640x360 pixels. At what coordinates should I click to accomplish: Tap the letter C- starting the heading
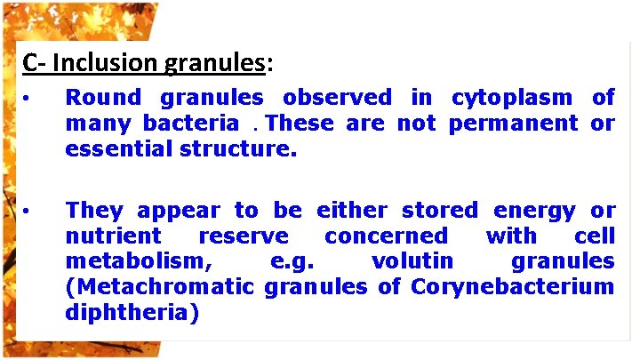pyautogui.click(x=34, y=63)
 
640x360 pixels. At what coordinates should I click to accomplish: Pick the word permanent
pyautogui.click(x=514, y=124)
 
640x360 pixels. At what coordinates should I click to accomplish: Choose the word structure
pyautogui.click(x=238, y=149)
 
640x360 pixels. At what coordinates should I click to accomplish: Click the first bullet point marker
pyautogui.click(x=28, y=98)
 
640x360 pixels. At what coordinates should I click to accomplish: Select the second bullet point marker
pyautogui.click(x=28, y=212)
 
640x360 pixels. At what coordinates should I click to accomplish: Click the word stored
pyautogui.click(x=439, y=211)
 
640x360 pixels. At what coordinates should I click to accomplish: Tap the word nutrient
pyautogui.click(x=114, y=236)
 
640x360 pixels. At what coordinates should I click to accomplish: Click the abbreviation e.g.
pyautogui.click(x=292, y=262)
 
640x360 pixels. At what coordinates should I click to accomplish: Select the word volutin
pyautogui.click(x=412, y=262)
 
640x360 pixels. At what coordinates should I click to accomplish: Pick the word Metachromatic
pyautogui.click(x=160, y=287)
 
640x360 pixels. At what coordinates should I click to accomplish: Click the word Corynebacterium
pyautogui.click(x=512, y=287)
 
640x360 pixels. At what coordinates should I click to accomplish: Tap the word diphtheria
pyautogui.click(x=132, y=313)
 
